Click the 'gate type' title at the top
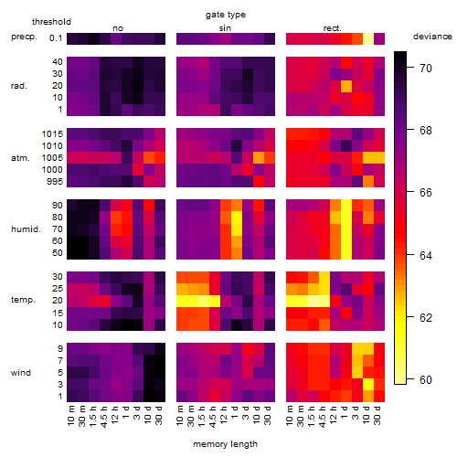(226, 15)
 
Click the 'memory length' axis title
(225, 444)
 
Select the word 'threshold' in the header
(51, 22)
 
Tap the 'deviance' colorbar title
(432, 37)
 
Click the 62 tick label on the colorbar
(426, 318)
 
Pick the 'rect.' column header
(332, 28)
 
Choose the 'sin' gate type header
(225, 28)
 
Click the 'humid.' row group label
(26, 229)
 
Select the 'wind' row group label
(21, 373)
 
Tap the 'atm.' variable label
(20, 158)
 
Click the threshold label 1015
(52, 134)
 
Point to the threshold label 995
(55, 182)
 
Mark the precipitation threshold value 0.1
(56, 38)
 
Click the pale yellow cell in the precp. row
(368, 38)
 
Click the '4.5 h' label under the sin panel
(213, 417)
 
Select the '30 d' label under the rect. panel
(377, 415)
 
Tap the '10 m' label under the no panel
(70, 416)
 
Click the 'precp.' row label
(24, 37)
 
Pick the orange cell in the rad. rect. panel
(346, 86)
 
